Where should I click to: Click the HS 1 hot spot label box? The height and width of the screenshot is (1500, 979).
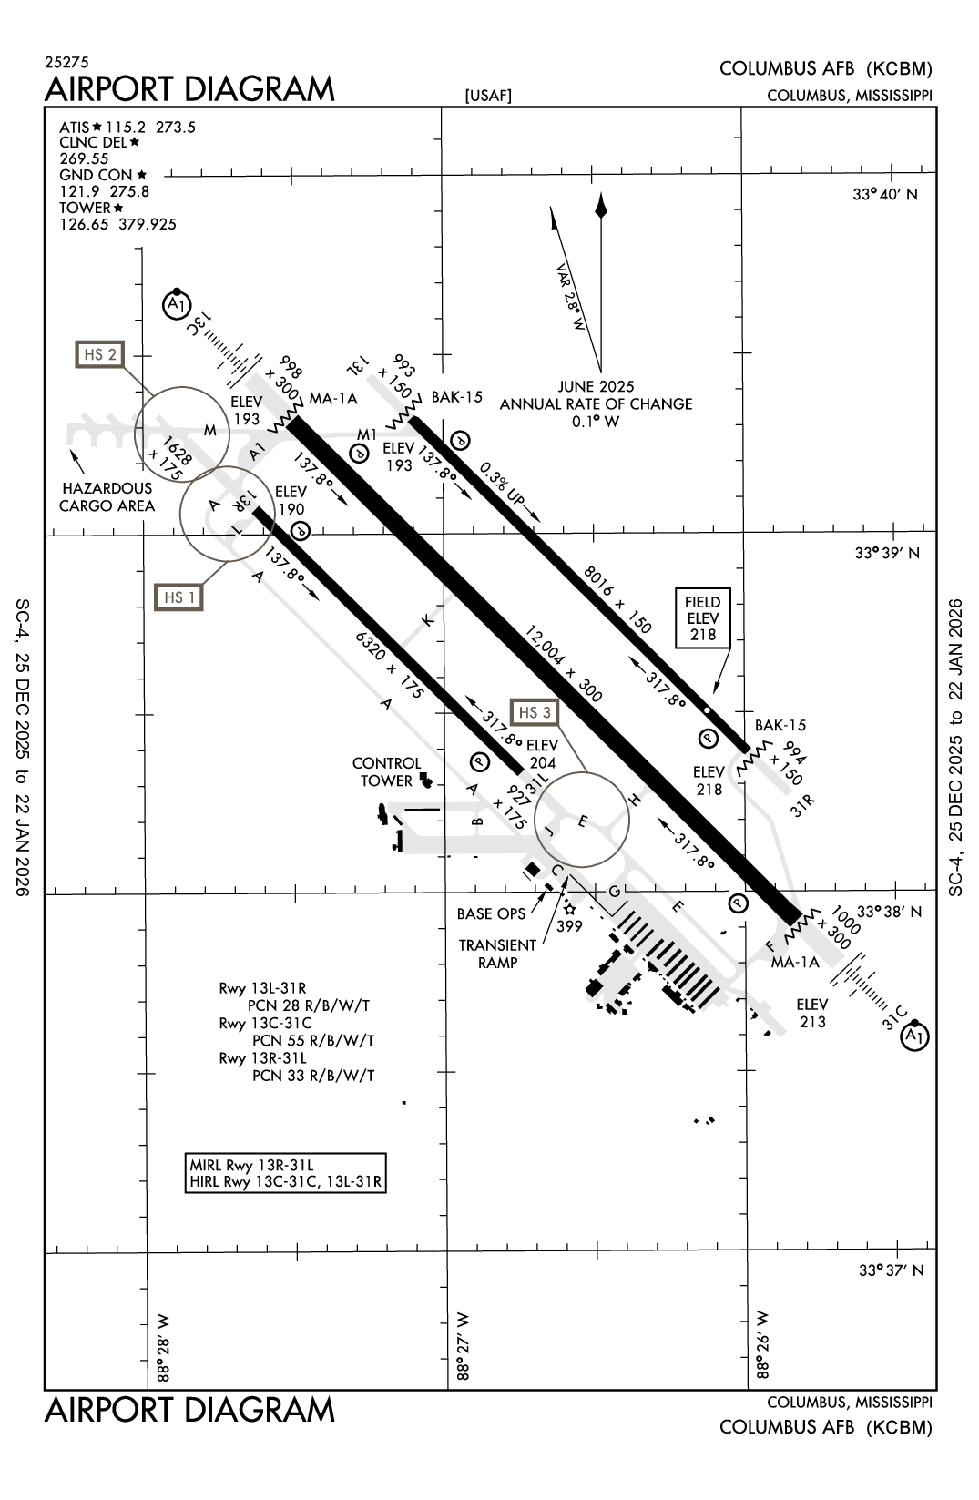tap(178, 597)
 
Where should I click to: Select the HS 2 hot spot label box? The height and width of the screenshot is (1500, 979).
tap(99, 354)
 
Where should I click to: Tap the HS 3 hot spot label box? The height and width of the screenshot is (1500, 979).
tap(535, 712)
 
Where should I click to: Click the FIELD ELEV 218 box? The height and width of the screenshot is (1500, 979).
tap(702, 618)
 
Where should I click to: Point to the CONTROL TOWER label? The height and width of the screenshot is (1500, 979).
tap(387, 771)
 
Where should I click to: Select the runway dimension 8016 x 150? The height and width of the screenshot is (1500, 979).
tap(617, 599)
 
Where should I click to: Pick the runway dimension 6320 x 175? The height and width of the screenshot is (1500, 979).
tap(389, 664)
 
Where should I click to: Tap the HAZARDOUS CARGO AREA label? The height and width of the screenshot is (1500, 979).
tap(107, 497)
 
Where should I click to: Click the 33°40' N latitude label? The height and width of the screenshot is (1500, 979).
tap(885, 194)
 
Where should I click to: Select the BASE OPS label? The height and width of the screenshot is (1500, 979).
tap(491, 913)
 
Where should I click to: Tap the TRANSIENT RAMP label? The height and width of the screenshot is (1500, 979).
tap(497, 954)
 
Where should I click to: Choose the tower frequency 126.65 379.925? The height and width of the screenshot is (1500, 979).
tap(118, 224)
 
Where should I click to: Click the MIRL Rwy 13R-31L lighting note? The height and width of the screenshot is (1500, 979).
tap(251, 1165)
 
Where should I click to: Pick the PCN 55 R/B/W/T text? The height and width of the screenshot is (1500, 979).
tap(313, 1040)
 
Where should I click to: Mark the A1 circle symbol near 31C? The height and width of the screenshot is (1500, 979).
tap(914, 1036)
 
